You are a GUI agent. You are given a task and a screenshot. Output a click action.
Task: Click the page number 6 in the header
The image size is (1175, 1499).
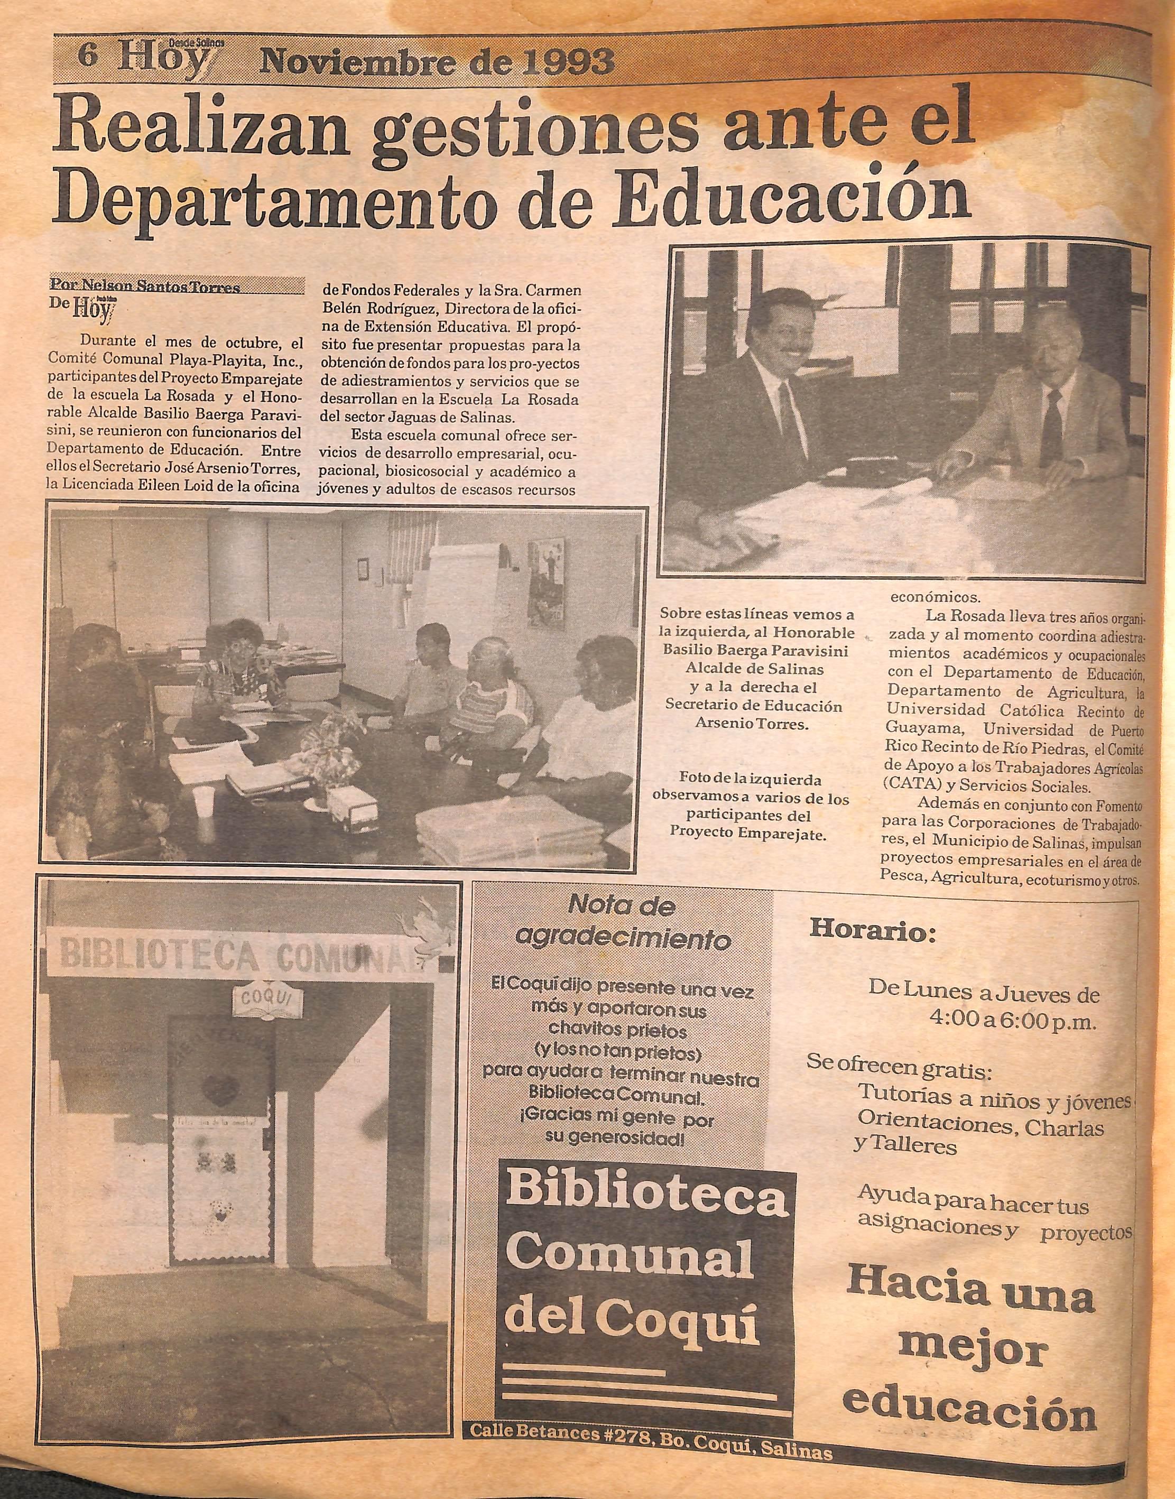click(87, 55)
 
